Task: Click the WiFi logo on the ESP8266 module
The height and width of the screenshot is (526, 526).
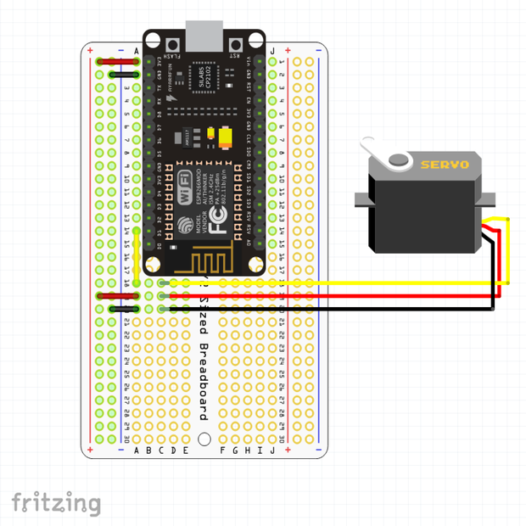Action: pyautogui.click(x=183, y=187)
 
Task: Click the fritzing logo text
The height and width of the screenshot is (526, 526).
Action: pyautogui.click(x=55, y=502)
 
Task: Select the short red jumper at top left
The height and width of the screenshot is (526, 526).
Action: pyautogui.click(x=111, y=62)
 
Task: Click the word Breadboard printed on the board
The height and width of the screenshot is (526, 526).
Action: pyautogui.click(x=204, y=382)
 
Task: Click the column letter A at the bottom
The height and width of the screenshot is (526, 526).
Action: pyautogui.click(x=137, y=450)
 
